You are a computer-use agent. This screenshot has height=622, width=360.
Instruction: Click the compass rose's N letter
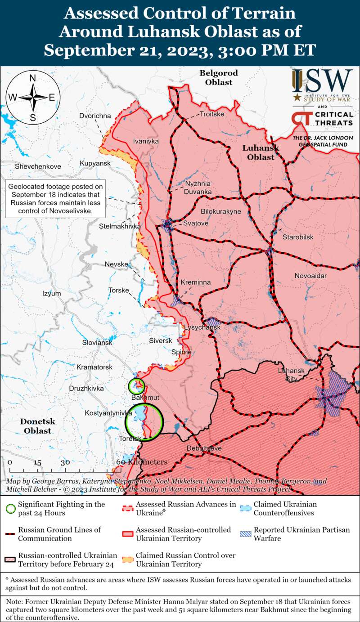33,78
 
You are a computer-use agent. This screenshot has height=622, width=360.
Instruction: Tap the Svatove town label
196,223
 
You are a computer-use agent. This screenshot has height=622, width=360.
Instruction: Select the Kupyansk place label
95,163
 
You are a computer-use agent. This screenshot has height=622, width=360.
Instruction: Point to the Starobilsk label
297,237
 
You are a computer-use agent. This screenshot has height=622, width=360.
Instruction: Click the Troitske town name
211,114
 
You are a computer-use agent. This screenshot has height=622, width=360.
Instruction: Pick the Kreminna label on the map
195,282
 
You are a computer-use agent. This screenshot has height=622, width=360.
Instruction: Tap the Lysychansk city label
202,328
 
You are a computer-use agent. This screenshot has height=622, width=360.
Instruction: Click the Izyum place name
51,293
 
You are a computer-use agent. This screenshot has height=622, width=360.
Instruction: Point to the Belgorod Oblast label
219,77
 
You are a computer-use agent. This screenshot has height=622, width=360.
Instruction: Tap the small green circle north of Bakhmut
136,385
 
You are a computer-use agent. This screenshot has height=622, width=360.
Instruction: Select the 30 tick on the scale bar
65,462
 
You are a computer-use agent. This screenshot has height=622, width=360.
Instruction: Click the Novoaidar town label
310,275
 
